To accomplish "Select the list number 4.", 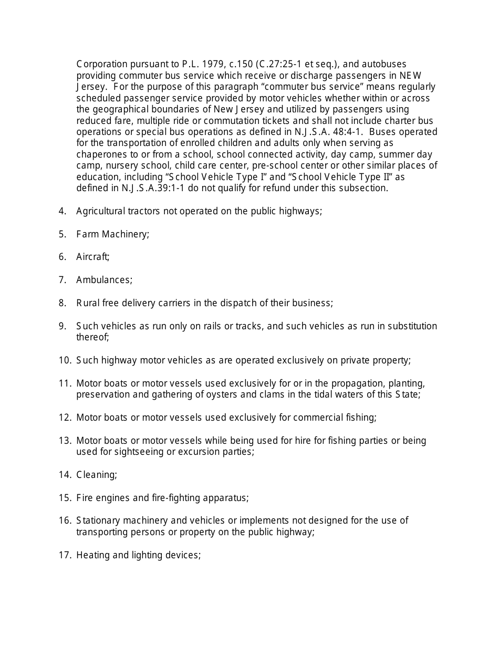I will pos(63,211).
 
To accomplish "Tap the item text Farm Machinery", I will pos(112,234).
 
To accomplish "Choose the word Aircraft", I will pos(92,257).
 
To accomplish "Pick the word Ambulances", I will pos(104,280).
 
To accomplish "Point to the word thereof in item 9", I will pos(92,337).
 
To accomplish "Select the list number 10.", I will pos(65,360).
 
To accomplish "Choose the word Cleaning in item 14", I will pos(96,475).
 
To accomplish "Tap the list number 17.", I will pos(65,555).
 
